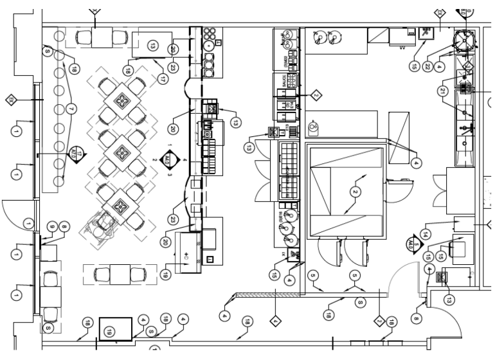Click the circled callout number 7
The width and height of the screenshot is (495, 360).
pyautogui.click(x=71, y=110)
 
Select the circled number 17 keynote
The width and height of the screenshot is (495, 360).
pyautogui.click(x=163, y=79)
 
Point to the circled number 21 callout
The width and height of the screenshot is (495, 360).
pyautogui.click(x=443, y=91)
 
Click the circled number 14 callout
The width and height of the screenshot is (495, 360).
pyautogui.click(x=425, y=233)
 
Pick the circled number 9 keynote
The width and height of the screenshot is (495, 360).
pyautogui.click(x=52, y=226)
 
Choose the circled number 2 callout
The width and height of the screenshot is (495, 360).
pyautogui.click(x=354, y=192)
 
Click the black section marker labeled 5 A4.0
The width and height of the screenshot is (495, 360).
pyautogui.click(x=410, y=244)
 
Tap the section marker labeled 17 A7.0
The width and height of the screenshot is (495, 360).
pyautogui.click(x=76, y=154)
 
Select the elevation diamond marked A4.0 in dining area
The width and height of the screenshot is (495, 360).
pyautogui.click(x=168, y=158)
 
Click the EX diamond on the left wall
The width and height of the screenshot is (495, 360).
pyautogui.click(x=11, y=99)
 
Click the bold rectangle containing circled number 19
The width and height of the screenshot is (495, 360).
pyautogui.click(x=115, y=329)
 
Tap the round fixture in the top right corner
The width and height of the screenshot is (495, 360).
pyautogui.click(x=463, y=40)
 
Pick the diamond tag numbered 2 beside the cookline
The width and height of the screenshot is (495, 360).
pyautogui.click(x=316, y=95)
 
